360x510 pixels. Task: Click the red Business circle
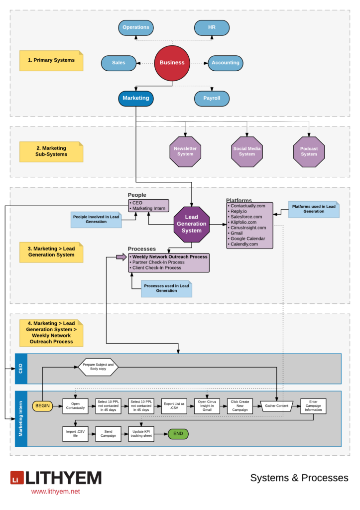172,63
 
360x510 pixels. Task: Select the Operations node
136,27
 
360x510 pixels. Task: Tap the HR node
212,27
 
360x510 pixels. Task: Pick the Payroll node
212,98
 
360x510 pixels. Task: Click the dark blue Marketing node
136,98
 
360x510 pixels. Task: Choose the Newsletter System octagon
185,151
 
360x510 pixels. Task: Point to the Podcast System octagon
309,151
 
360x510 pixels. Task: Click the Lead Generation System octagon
192,224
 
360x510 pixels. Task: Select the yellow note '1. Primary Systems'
51,60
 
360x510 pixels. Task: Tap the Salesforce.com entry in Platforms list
246,217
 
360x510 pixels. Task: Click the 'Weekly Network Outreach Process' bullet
170,257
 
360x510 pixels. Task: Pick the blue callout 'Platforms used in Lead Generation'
314,209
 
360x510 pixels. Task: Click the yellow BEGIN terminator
43,406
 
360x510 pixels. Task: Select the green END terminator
178,434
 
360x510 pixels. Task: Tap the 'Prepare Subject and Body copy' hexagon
98,368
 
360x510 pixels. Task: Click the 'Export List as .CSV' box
174,406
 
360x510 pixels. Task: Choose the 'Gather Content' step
277,406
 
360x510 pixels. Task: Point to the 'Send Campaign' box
109,434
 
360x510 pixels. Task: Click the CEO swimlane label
21,369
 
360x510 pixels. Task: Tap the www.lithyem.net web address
55,492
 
